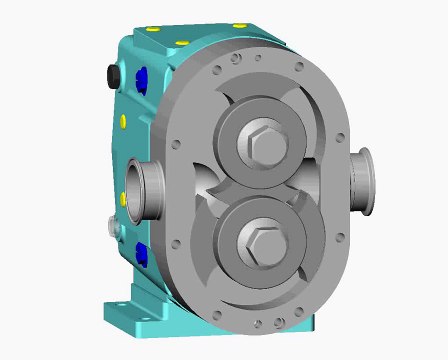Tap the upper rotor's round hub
(262, 129)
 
